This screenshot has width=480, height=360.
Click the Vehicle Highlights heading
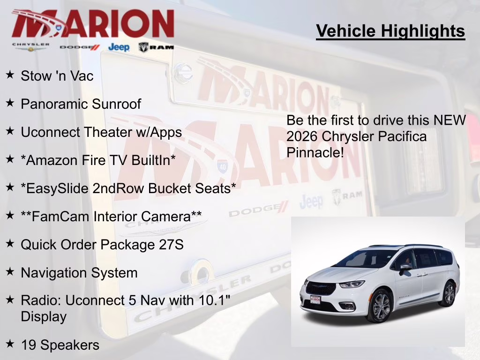click(x=390, y=31)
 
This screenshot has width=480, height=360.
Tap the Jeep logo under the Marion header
click(x=119, y=47)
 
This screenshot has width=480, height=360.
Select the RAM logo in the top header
click(x=156, y=47)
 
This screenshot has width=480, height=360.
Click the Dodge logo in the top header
click(x=80, y=47)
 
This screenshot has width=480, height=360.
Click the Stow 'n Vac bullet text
click(x=57, y=76)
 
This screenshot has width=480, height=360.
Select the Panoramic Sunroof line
click(x=81, y=104)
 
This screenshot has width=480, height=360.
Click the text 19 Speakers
click(x=60, y=345)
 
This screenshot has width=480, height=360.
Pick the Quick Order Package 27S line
click(x=102, y=244)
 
